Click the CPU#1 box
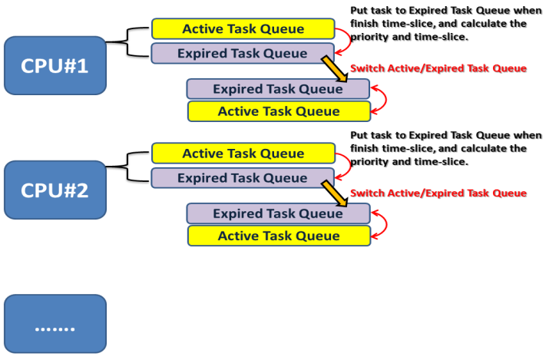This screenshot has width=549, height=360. coord(55,65)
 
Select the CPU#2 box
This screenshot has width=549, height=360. coord(55,190)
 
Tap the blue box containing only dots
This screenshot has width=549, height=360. coord(55,324)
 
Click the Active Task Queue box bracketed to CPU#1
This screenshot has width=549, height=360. coord(243,28)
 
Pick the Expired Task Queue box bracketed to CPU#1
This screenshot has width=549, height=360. coord(243,54)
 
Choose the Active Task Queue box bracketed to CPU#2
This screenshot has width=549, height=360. coord(243,154)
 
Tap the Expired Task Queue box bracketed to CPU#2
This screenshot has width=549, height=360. coord(243,178)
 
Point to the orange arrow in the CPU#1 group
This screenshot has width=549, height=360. coord(335,69)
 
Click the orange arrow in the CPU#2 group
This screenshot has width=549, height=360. coord(335,194)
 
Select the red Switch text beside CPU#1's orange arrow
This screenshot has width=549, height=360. coord(438,68)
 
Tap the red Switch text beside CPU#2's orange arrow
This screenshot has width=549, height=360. coord(438,193)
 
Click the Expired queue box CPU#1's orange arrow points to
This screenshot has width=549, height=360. coord(278,89)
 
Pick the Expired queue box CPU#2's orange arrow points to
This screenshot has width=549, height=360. coord(278,213)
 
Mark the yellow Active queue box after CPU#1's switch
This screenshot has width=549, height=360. coord(279,111)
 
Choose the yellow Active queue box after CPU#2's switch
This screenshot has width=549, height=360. coord(279,236)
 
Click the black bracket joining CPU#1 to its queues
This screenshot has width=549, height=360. coord(127,42)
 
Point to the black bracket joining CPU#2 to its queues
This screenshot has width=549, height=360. coord(127,167)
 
